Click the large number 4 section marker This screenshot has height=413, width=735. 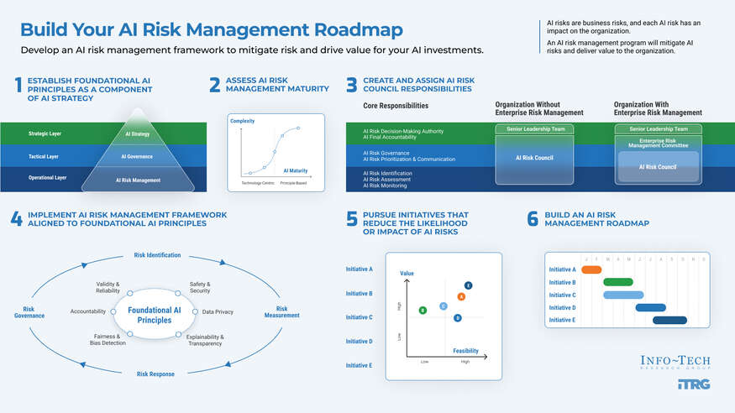click(x=16, y=219)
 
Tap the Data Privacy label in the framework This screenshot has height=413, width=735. click(x=218, y=311)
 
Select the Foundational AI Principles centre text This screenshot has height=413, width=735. click(x=154, y=315)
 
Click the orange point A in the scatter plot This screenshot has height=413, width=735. click(x=461, y=296)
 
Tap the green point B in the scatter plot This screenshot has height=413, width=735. click(x=423, y=310)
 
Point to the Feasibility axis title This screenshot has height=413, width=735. click(x=466, y=351)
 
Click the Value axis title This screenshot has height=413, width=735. click(x=407, y=274)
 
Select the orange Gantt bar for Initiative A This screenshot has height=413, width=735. click(x=591, y=269)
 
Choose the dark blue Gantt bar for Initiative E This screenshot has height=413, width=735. click(x=669, y=320)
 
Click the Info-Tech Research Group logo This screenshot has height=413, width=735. click(x=675, y=362)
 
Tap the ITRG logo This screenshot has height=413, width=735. click(x=693, y=384)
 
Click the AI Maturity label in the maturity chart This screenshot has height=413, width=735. click(x=295, y=170)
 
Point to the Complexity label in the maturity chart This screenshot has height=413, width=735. click(x=242, y=122)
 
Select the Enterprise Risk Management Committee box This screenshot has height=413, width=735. click(x=658, y=144)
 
